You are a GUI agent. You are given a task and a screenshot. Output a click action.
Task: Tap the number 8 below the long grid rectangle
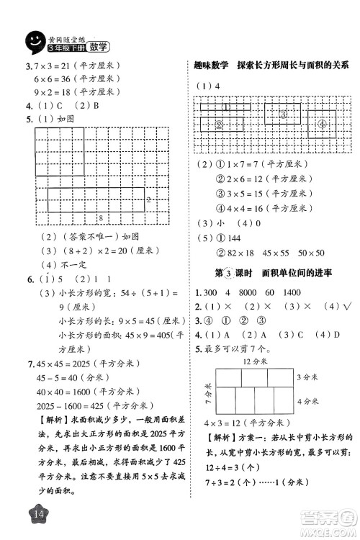(x=101, y=217)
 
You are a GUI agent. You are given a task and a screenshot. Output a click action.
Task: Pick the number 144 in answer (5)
(x=233, y=238)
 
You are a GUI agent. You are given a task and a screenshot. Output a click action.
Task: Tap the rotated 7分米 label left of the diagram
(x=205, y=393)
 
